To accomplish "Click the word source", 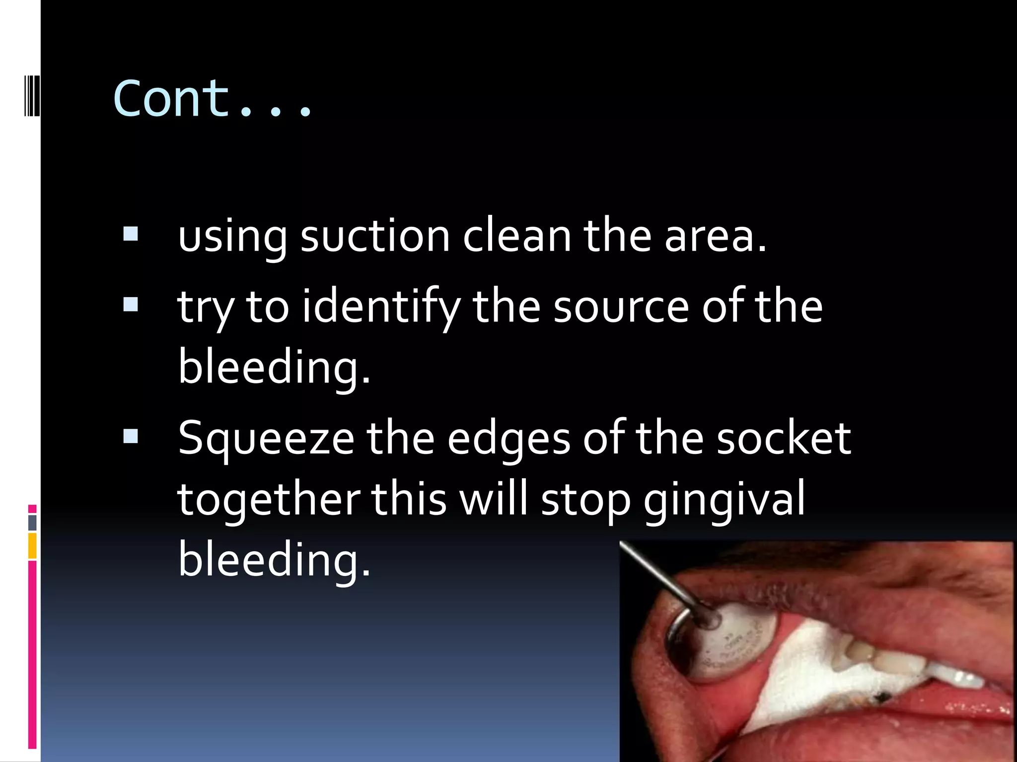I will point(621,308).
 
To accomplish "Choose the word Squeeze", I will point(266,439).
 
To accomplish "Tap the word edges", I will point(508,439).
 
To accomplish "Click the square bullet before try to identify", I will point(131,304).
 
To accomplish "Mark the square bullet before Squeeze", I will point(131,436).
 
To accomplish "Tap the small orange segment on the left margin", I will point(32,546).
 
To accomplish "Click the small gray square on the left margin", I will point(32,522).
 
